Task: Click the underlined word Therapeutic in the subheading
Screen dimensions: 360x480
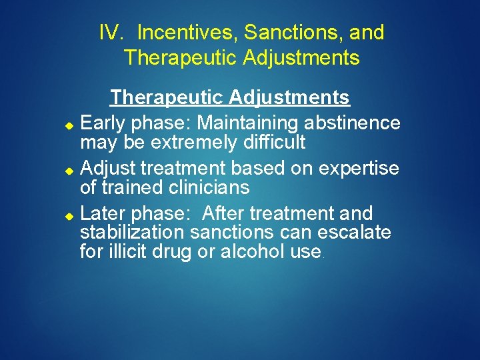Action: [x=167, y=97]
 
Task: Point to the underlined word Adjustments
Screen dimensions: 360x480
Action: [x=289, y=97]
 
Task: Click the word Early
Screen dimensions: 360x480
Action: [x=102, y=123]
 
